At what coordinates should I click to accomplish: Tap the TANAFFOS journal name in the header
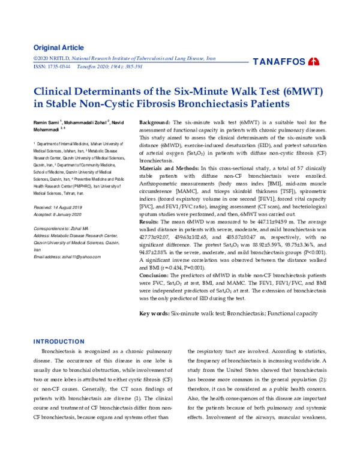point(280,62)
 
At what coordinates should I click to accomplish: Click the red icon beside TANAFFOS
point(314,62)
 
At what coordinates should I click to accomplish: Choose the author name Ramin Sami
point(46,123)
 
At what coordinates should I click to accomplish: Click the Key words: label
point(154,313)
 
